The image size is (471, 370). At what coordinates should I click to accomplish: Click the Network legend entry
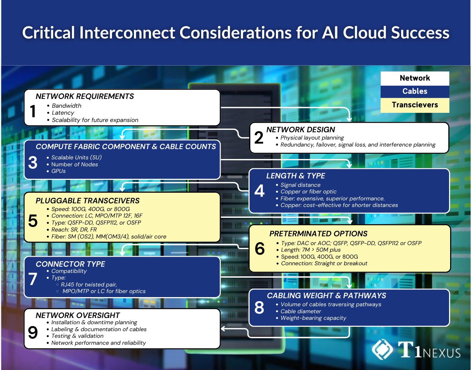[415, 78]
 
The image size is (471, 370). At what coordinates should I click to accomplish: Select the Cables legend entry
[415, 91]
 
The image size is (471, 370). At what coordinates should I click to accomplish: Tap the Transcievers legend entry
[415, 105]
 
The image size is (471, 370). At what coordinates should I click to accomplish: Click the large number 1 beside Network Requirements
[33, 111]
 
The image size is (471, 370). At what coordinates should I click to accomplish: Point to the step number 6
[260, 249]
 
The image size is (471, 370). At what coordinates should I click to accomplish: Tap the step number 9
[33, 333]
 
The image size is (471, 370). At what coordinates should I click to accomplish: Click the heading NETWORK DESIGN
[300, 130]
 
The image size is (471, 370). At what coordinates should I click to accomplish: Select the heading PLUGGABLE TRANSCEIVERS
[87, 201]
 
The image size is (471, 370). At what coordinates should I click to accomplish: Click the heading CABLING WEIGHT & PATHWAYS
[326, 296]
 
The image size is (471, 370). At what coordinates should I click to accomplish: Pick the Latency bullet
[63, 113]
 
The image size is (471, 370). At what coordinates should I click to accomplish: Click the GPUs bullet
[59, 171]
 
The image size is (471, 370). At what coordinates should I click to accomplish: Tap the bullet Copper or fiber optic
[308, 192]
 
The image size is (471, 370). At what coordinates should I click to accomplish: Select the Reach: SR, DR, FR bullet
[74, 230]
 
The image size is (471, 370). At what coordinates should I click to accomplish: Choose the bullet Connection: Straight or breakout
[324, 263]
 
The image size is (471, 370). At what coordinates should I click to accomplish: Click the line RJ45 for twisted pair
[89, 285]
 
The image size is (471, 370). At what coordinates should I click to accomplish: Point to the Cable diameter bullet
[300, 311]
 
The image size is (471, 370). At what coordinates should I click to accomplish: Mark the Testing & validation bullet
[77, 336]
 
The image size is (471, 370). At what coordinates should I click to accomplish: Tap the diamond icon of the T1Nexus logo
[382, 349]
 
